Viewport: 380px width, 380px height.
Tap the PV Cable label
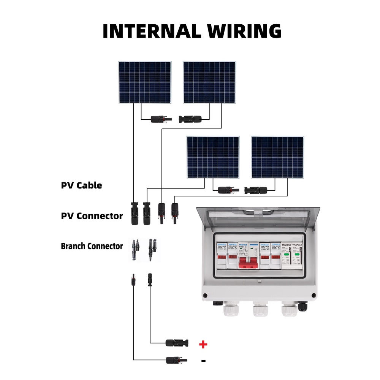pyautogui.click(x=81, y=185)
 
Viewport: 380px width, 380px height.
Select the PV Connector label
pyautogui.click(x=92, y=216)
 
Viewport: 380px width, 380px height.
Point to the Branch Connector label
pyautogui.click(x=92, y=246)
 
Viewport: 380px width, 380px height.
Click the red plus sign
pyautogui.click(x=203, y=344)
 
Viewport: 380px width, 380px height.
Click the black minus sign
pyautogui.click(x=203, y=360)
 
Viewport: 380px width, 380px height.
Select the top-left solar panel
pyautogui.click(x=144, y=82)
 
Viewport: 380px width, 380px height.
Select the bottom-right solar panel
pyautogui.click(x=277, y=157)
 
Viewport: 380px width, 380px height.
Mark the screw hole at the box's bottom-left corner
pyautogui.click(x=205, y=295)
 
